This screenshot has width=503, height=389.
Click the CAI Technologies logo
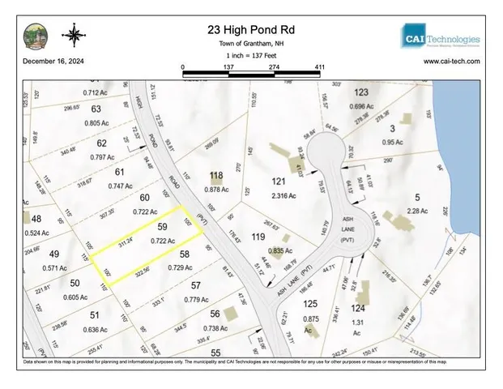coord(441,37)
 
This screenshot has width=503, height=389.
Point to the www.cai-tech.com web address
coord(451,61)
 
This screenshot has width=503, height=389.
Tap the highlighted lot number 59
coord(162,228)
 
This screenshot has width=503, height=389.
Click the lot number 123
coord(361,93)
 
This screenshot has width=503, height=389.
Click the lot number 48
coord(36,220)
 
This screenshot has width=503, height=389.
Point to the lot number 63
coord(96,109)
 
